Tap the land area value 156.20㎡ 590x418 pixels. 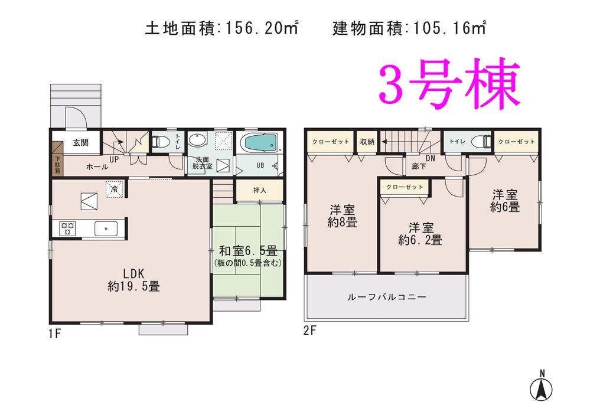pos(260,28)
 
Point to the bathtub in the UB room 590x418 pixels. pos(259,143)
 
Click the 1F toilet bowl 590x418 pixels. pos(160,142)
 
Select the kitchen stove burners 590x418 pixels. pos(66,227)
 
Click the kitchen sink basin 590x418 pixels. pos(106,227)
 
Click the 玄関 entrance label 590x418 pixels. pos(81,142)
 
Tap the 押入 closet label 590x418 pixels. pos(260,191)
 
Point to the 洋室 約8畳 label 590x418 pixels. pos(342,215)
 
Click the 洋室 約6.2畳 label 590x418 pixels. pos(420,234)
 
